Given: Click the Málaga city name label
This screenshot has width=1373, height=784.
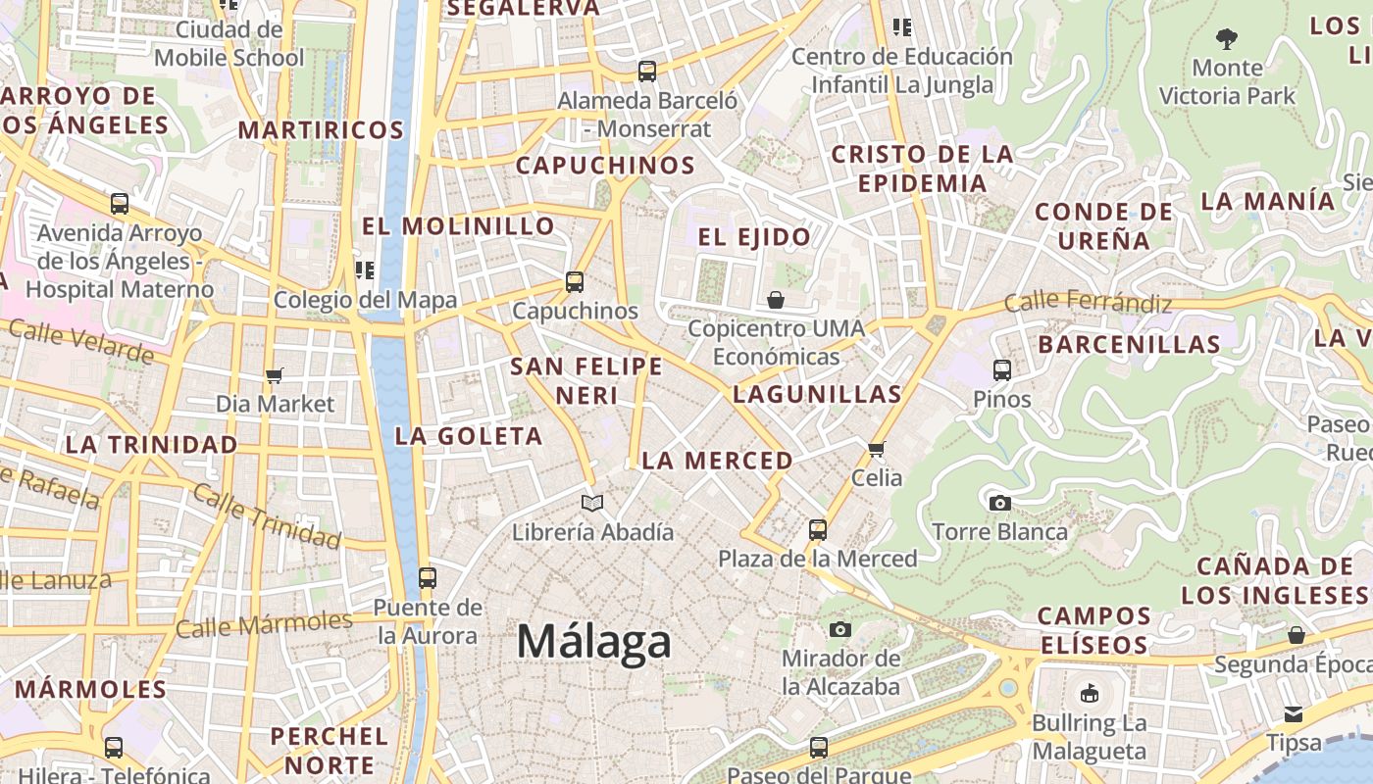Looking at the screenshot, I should pos(594,643).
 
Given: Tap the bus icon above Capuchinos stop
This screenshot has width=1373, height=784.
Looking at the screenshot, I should pos(575,282).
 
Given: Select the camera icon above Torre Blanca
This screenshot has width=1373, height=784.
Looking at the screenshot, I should pos(999,503).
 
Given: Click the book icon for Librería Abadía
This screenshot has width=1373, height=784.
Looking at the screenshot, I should pos(591,503).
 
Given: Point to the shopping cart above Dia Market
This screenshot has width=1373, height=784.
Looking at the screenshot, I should pos(275,375).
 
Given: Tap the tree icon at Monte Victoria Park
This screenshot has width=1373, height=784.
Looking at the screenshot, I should pos(1226,39).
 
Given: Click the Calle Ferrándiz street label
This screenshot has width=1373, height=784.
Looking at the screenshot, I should pos(1088,301).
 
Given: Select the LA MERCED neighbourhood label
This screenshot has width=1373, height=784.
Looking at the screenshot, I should pos(717,461).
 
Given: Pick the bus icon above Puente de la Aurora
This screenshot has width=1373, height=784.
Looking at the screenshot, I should pos(427,578).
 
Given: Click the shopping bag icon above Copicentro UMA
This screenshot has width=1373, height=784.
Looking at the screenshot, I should pos(776,299).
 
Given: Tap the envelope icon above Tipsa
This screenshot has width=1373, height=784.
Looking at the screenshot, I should pos(1294,713).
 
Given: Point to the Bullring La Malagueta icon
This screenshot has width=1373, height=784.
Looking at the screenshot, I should pos(1089,694).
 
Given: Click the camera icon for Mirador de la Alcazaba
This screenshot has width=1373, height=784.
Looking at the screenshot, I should pos(840,629).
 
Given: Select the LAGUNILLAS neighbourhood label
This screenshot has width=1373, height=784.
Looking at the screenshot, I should pos(817,395).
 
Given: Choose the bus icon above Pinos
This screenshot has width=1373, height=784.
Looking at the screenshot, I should pos(1002,370).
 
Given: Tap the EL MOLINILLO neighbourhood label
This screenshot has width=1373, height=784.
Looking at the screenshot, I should pos(459,226).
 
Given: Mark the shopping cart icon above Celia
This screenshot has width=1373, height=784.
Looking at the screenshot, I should pos(876,449).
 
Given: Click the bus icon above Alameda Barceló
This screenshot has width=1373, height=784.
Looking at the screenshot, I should pos(647,71).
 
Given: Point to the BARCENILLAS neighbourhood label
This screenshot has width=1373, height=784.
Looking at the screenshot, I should pos(1130,345).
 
